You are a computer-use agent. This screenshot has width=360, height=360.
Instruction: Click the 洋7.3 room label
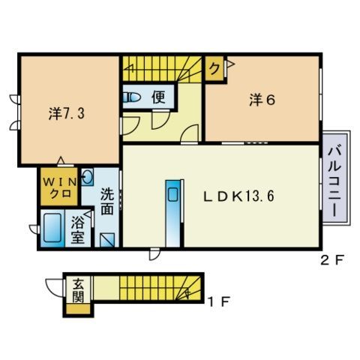pos(67,114)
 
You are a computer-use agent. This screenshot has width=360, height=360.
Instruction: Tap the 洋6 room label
pos(262,100)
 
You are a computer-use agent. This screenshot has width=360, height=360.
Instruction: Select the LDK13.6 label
pos(239,196)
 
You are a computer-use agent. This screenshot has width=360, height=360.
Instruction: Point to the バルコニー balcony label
pos(334,181)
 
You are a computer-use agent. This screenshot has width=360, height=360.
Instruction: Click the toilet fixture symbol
pos(131,97)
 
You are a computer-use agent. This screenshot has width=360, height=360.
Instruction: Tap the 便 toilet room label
pos(158,97)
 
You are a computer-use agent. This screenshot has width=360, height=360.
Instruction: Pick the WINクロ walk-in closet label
pos(60,188)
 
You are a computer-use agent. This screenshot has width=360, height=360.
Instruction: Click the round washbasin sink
pos(87,177)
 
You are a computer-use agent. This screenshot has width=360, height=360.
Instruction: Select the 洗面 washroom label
pos(107,202)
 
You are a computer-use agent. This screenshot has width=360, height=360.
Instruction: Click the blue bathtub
pos(53,228)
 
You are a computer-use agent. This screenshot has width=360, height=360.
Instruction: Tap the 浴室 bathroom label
pos(78,229)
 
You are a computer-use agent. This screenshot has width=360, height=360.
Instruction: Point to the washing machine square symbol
pos(107,240)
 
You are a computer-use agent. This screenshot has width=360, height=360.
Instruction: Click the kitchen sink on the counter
pos(172,195)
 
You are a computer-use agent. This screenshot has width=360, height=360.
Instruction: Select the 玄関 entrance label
pos(78,290)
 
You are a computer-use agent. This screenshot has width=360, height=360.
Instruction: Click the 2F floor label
pos(333,261)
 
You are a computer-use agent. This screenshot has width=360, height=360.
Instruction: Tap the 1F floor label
pos(219,301)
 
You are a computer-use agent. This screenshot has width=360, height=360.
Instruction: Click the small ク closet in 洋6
pos(214,68)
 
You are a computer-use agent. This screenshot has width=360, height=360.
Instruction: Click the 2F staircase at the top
pos(162,69)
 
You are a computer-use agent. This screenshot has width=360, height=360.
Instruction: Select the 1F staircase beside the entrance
pos(160,288)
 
